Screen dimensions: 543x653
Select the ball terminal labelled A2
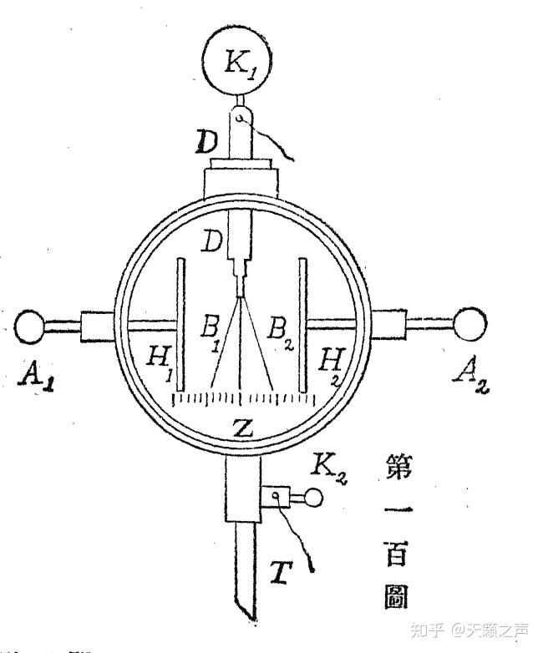[x=469, y=324]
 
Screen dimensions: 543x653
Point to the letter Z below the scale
[x=241, y=428]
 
